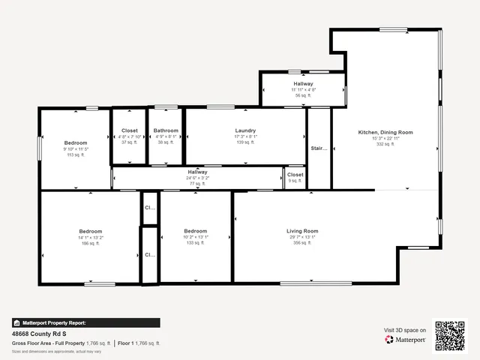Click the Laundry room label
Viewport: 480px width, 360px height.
pyautogui.click(x=245, y=130)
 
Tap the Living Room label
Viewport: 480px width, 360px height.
pyautogui.click(x=302, y=231)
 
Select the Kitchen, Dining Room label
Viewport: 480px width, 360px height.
pyautogui.click(x=385, y=132)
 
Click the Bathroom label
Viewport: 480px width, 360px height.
pyautogui.click(x=166, y=130)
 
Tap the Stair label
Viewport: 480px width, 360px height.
pyautogui.click(x=319, y=148)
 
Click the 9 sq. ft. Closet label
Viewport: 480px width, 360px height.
pyautogui.click(x=295, y=175)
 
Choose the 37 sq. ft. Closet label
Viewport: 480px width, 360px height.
pyautogui.click(x=130, y=130)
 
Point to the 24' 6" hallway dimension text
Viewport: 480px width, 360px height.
pyautogui.click(x=197, y=178)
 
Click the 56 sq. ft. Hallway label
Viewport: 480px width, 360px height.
pyautogui.click(x=303, y=83)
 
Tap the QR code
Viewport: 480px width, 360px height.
pyautogui.click(x=451, y=335)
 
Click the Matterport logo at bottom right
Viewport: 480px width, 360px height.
pyautogui.click(x=406, y=340)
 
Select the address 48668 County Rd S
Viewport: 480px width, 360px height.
pyautogui.click(x=39, y=334)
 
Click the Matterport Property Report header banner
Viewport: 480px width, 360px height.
pyautogui.click(x=85, y=322)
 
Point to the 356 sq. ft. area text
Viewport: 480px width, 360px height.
pyautogui.click(x=302, y=243)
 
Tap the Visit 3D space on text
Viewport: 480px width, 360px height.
pyautogui.click(x=405, y=330)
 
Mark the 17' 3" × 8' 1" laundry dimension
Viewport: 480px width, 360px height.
pyautogui.click(x=245, y=136)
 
